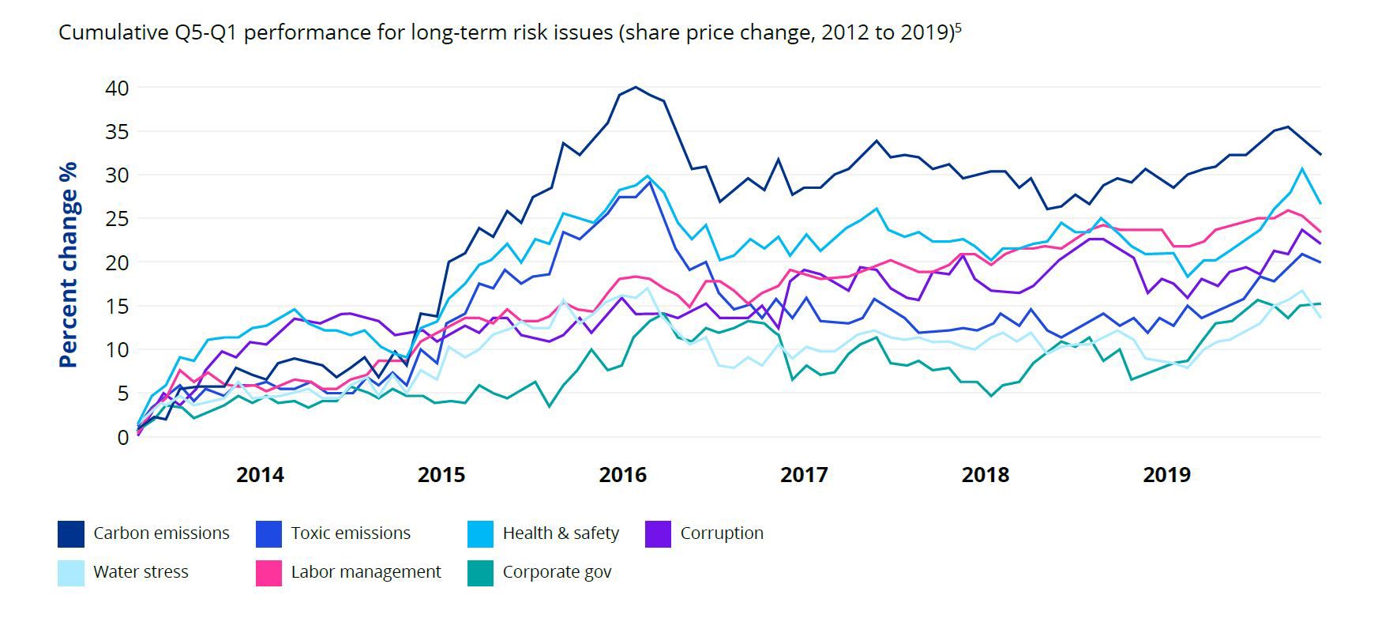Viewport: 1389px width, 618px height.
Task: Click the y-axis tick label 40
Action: pyautogui.click(x=117, y=88)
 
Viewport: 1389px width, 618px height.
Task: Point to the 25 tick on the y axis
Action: pyautogui.click(x=117, y=219)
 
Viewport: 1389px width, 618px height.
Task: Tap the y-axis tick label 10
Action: pyautogui.click(x=117, y=349)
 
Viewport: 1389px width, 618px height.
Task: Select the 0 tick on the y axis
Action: pyautogui.click(x=122, y=437)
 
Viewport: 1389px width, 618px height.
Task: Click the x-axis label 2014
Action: pyautogui.click(x=260, y=475)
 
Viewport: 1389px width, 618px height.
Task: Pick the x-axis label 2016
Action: pyautogui.click(x=622, y=475)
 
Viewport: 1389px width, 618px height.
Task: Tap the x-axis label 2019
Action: pyautogui.click(x=1166, y=475)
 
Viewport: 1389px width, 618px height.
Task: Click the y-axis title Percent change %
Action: pyautogui.click(x=69, y=265)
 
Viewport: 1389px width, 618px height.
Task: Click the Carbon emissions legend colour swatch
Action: pyautogui.click(x=71, y=533)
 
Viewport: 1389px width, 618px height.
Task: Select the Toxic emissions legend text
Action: pyautogui.click(x=351, y=533)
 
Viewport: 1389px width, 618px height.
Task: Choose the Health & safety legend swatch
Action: pyautogui.click(x=480, y=533)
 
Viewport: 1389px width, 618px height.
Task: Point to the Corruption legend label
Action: pyautogui.click(x=722, y=533)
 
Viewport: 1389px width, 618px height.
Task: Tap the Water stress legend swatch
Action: pyautogui.click(x=71, y=573)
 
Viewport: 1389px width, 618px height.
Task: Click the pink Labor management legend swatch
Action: pyautogui.click(x=269, y=573)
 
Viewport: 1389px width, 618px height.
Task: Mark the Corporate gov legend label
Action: pyautogui.click(x=557, y=573)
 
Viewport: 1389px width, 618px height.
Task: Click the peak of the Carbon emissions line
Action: pyautogui.click(x=636, y=87)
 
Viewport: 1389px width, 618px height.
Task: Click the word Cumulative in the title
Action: pyautogui.click(x=107, y=33)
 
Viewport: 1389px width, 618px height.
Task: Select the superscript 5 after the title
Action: pyautogui.click(x=958, y=28)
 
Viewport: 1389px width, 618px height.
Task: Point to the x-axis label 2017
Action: pyautogui.click(x=804, y=475)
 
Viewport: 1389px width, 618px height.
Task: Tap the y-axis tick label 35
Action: pyautogui.click(x=117, y=131)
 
